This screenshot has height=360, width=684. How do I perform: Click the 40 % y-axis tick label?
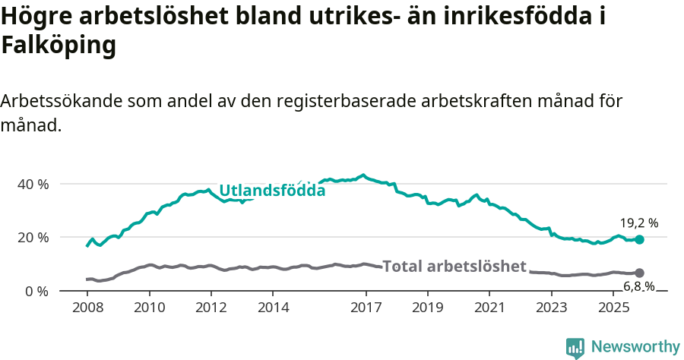tap(33, 184)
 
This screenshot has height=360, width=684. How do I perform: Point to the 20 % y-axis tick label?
tap(33, 238)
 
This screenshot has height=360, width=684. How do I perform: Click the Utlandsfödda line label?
tap(272, 191)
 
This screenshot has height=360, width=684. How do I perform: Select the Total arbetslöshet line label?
tap(454, 266)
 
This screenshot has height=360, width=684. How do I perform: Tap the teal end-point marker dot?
tap(639, 239)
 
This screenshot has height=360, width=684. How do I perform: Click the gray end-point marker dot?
tap(639, 273)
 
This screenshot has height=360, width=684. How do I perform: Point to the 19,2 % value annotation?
tap(639, 223)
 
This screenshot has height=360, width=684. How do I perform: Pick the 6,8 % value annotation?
tap(639, 286)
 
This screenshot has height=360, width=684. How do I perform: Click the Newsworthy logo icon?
tap(575, 347)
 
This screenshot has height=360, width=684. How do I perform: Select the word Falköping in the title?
tap(59, 46)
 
